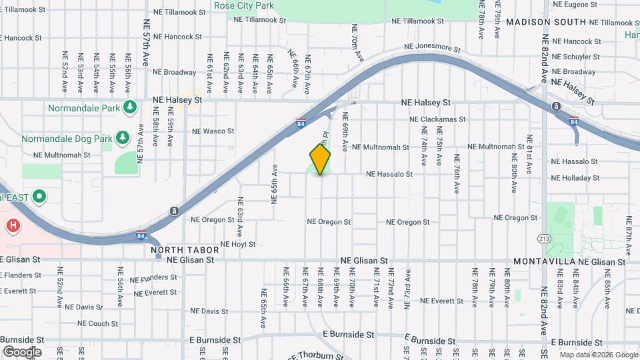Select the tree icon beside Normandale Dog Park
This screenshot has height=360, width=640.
121,138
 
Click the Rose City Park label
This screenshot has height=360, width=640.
244,6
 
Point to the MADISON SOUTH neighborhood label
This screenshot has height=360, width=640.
546,22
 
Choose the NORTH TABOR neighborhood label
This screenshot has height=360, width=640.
176,251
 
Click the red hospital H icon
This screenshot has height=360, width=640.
12,226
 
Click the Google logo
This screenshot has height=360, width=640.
22,351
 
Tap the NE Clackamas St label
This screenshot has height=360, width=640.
437,119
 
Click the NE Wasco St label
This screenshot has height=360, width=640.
213,131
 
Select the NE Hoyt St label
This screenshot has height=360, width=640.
237,245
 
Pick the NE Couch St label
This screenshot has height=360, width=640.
98,324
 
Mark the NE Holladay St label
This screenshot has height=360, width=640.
575,178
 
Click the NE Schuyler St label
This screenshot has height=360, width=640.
577,57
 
